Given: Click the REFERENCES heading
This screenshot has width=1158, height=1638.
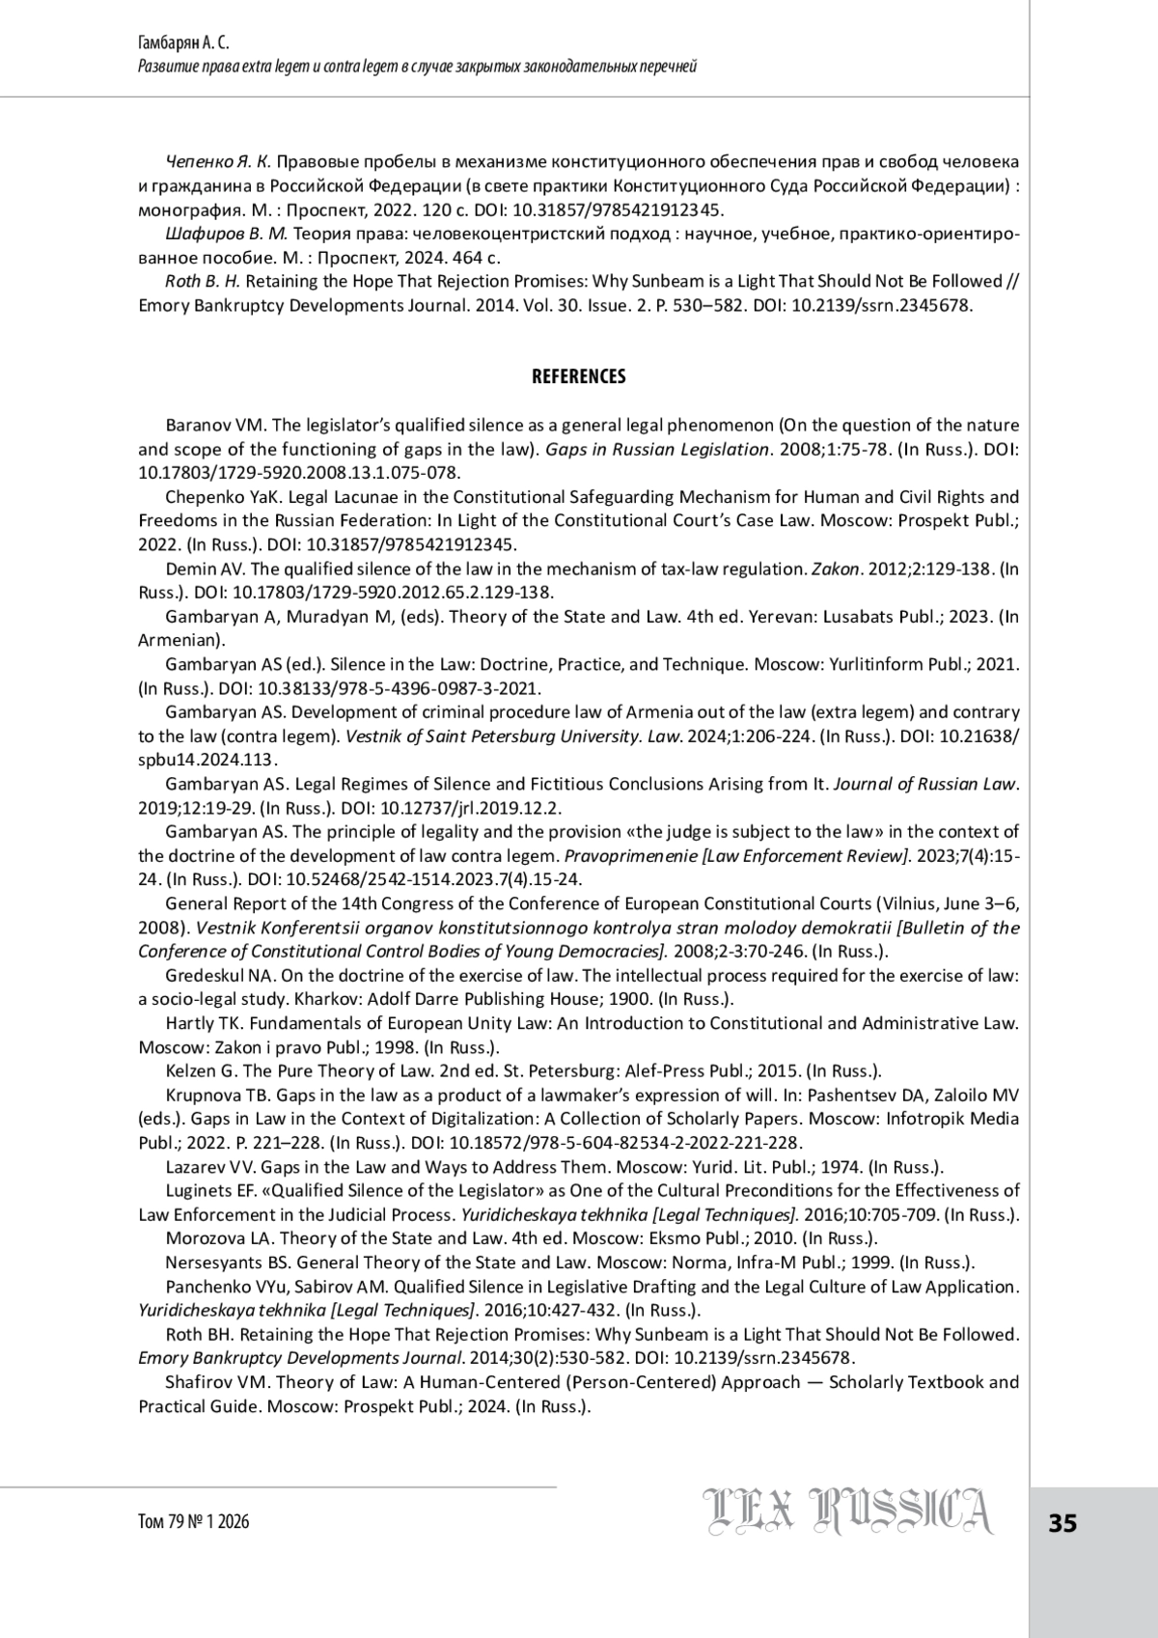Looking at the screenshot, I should [x=578, y=376].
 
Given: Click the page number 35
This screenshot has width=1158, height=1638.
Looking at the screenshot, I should [x=1061, y=1523].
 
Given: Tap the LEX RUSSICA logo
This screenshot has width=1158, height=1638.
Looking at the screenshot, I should [x=847, y=1513].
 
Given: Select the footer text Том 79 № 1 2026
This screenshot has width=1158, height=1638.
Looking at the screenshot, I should [x=194, y=1522].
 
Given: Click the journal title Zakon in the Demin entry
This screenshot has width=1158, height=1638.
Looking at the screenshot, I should [x=836, y=569].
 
